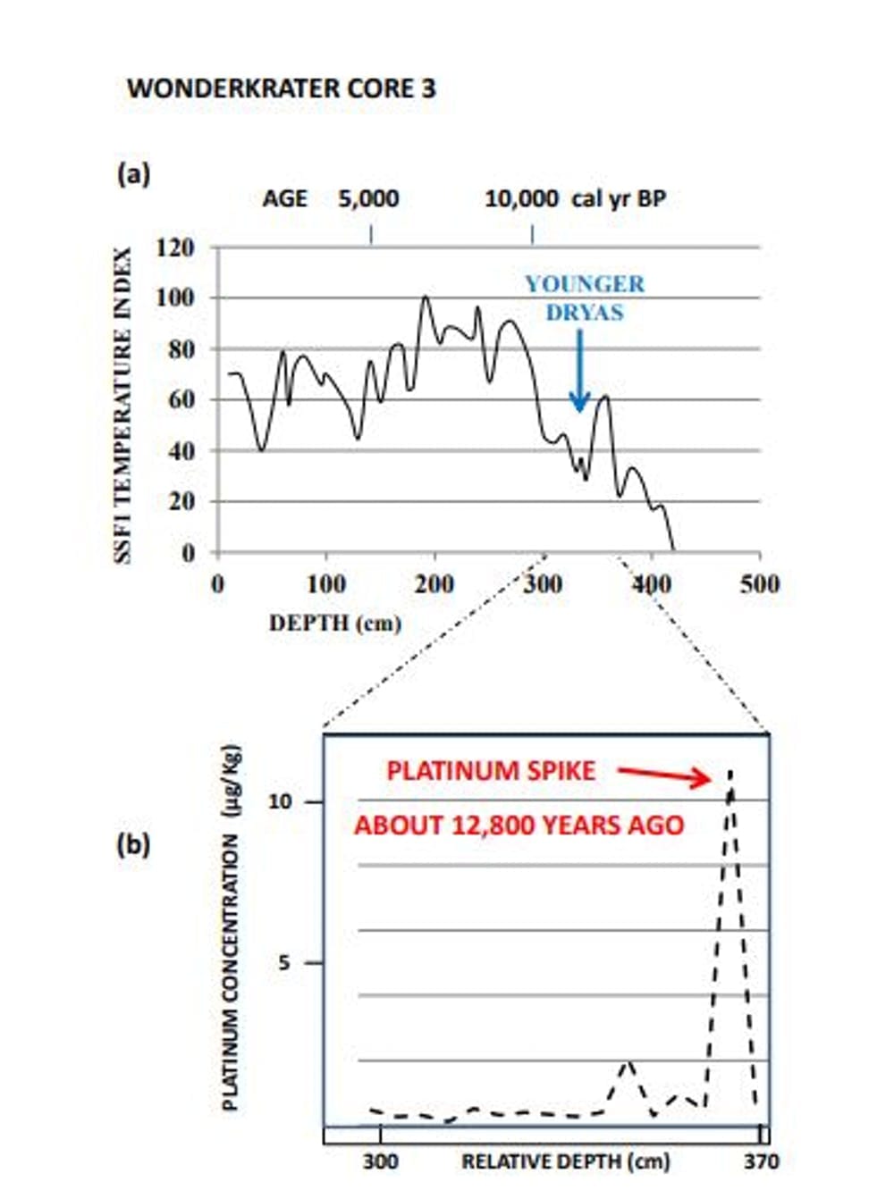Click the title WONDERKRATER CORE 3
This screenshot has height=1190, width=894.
pyautogui.click(x=281, y=88)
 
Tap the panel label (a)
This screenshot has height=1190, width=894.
pyautogui.click(x=133, y=173)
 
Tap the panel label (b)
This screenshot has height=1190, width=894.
pyautogui.click(x=133, y=843)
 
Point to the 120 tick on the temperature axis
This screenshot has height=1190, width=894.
pyautogui.click(x=175, y=247)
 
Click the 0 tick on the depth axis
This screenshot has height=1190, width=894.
pyautogui.click(x=217, y=584)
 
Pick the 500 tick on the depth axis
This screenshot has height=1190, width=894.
pyautogui.click(x=759, y=584)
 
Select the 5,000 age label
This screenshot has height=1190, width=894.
pyautogui.click(x=368, y=198)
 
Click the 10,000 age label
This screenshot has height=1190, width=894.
pyautogui.click(x=521, y=198)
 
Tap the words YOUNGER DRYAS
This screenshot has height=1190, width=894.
pyautogui.click(x=585, y=298)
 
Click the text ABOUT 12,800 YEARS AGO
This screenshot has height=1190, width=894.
pyautogui.click(x=519, y=825)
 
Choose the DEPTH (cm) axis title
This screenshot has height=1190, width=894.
pyautogui.click(x=335, y=623)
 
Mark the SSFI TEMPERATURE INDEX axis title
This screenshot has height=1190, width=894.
pyautogui.click(x=123, y=405)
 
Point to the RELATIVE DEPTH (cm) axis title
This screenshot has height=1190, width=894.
pyautogui.click(x=565, y=1161)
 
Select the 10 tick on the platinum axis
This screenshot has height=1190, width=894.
pyautogui.click(x=280, y=801)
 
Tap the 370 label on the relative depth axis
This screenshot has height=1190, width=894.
pyautogui.click(x=761, y=1161)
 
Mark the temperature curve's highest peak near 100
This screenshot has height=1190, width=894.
pyautogui.click(x=425, y=297)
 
